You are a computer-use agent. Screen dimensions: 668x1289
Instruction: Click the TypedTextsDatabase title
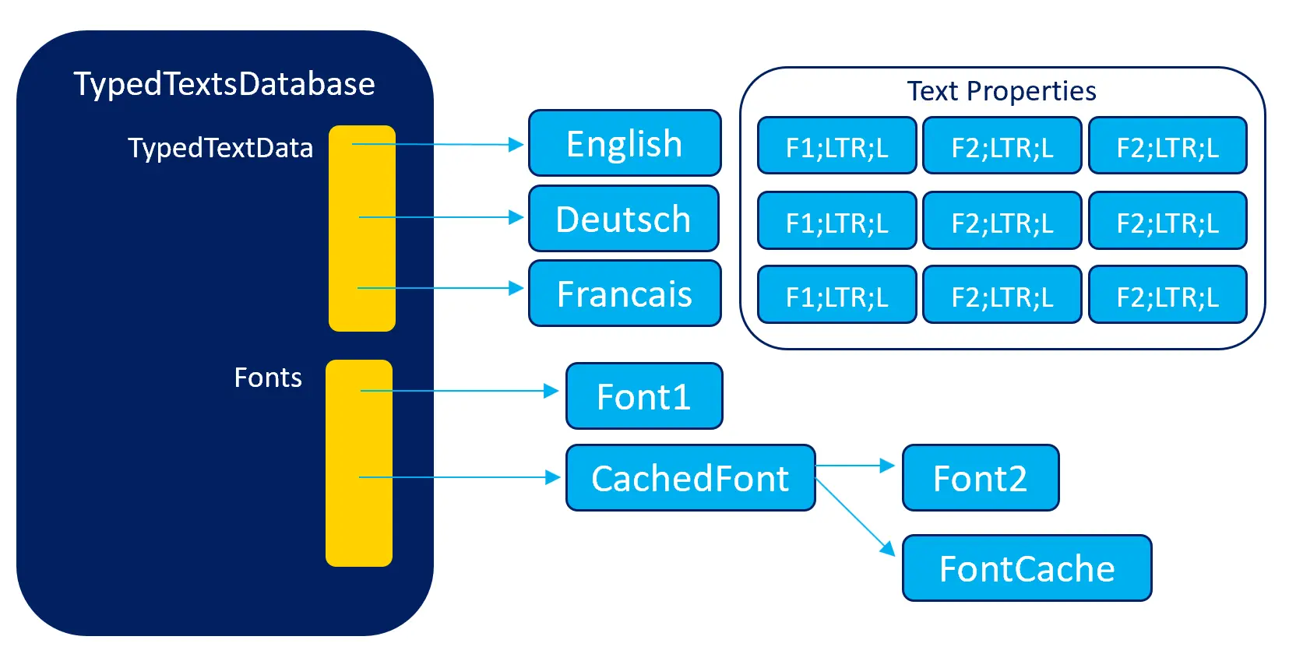(x=224, y=84)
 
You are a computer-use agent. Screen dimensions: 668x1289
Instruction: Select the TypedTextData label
(x=220, y=148)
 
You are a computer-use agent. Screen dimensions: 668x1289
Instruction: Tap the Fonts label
(x=268, y=378)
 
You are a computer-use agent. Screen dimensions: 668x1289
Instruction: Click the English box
(x=624, y=143)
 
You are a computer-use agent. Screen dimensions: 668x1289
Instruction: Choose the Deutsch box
(x=623, y=219)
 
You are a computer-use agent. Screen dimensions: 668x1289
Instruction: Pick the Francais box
(x=624, y=294)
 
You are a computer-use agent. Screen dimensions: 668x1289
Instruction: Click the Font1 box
(x=643, y=396)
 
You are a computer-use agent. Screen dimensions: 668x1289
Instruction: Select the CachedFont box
(x=690, y=478)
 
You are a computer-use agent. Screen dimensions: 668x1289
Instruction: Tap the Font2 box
(x=980, y=478)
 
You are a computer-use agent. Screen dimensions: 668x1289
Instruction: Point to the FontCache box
(x=1027, y=568)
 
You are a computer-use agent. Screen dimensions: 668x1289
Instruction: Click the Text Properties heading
(x=1002, y=91)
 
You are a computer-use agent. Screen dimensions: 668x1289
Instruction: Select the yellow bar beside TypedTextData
(x=362, y=228)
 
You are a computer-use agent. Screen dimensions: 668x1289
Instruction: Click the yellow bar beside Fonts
(x=359, y=462)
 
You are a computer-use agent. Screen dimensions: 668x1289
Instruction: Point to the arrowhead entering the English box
(x=516, y=144)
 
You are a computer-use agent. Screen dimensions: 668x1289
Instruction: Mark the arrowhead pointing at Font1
(x=551, y=391)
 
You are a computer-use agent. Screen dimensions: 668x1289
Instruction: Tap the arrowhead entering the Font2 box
(x=887, y=466)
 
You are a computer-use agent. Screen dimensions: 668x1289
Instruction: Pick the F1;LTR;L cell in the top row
(x=836, y=146)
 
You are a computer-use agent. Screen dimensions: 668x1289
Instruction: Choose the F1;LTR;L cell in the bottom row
(x=836, y=296)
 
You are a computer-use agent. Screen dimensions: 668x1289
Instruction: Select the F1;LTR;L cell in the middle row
(x=836, y=222)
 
